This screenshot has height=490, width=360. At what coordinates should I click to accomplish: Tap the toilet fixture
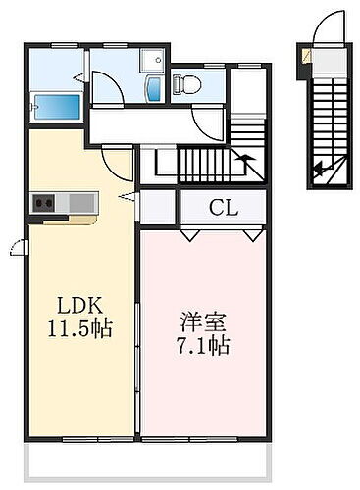(x=187, y=86)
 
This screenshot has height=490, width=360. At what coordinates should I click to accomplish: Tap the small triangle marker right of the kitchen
(x=126, y=197)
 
